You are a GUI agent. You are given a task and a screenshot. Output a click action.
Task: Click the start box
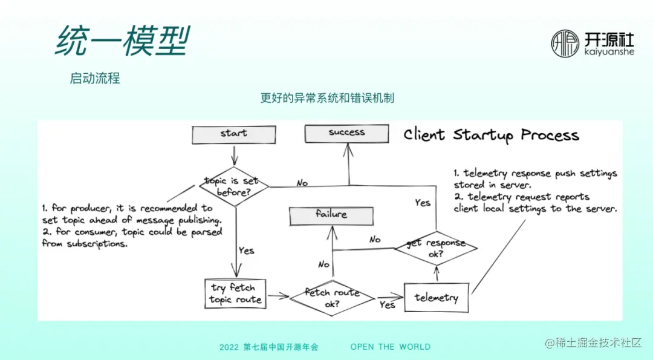233,134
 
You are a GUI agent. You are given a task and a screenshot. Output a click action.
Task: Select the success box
346,133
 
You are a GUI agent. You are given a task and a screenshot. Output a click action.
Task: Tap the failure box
331,215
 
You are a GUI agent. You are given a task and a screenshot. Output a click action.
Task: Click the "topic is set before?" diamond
234,186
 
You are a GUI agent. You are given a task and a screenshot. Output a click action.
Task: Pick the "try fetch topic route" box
236,293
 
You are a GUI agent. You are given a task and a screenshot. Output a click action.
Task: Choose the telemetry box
436,298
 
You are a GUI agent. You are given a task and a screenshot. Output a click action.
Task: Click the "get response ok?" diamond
436,248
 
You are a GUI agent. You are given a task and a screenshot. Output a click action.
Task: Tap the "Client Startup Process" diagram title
491,135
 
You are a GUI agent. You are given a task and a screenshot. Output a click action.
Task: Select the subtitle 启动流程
95,78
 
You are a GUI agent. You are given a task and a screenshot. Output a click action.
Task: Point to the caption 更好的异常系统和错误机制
327,98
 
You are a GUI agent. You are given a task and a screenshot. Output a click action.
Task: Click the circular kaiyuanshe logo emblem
565,44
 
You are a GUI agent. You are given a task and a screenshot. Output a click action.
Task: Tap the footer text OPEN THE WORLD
391,347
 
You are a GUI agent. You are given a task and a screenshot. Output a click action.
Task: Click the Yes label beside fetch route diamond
387,305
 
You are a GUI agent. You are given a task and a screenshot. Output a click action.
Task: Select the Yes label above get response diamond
423,203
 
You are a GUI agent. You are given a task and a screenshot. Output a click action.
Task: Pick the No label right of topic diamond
302,183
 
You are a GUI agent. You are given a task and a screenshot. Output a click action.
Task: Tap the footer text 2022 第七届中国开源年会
268,347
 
